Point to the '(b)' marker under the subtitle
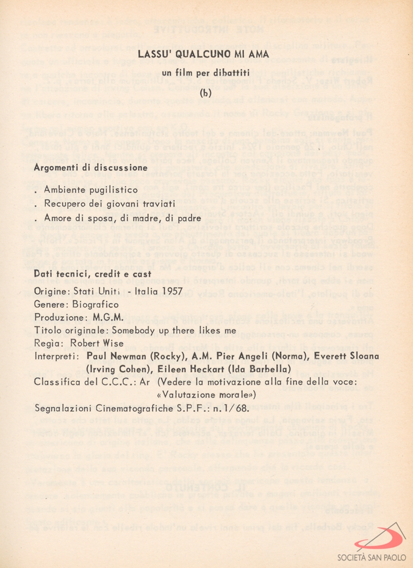tap(206, 93)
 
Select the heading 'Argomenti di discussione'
tap(90, 168)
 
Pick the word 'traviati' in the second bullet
tap(159, 204)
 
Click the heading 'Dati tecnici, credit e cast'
tap(92, 274)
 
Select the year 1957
tap(173, 291)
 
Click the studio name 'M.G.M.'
tap(108, 318)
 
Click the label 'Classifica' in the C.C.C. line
tap(55, 382)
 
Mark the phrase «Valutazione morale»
tap(206, 394)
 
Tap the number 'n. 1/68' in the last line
tap(232, 408)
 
